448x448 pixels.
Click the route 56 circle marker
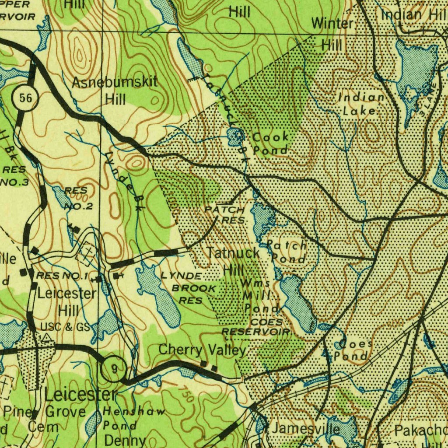coord(25,98)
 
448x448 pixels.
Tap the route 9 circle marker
coord(114,369)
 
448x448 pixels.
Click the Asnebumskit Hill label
coord(115,90)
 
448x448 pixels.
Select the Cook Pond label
coord(271,143)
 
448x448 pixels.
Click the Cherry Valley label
coord(203,350)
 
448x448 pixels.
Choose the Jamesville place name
coord(305,428)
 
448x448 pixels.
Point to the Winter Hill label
coord(333,34)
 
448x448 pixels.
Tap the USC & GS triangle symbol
coord(46,337)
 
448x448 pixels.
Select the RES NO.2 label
coord(77,198)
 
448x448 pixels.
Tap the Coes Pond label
coord(352,350)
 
